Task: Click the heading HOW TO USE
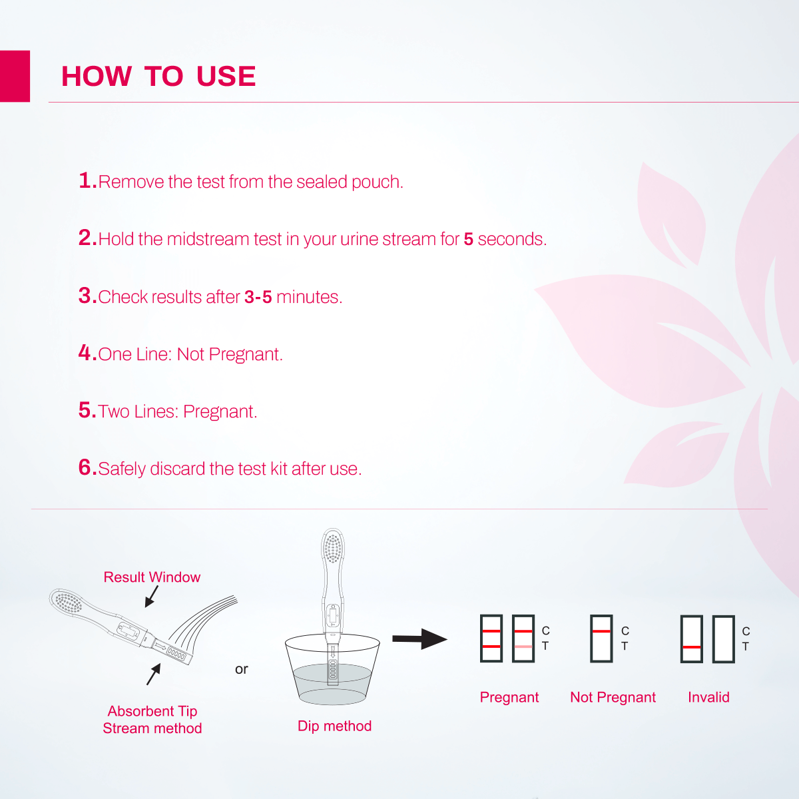[x=158, y=77]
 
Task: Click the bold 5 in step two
[x=468, y=240]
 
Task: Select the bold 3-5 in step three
[x=258, y=297]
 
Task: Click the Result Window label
[x=152, y=577]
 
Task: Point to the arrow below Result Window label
[x=151, y=597]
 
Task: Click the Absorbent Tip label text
[x=152, y=711]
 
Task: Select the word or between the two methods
[x=241, y=669]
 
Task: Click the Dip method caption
[x=334, y=726]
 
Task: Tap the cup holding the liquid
[x=332, y=679]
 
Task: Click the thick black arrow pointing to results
[x=419, y=639]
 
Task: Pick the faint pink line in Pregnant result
[x=523, y=647]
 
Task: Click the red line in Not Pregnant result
[x=601, y=631]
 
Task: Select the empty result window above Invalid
[x=723, y=639]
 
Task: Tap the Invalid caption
[x=708, y=697]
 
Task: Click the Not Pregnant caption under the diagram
[x=613, y=697]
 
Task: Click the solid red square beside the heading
[x=15, y=76]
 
